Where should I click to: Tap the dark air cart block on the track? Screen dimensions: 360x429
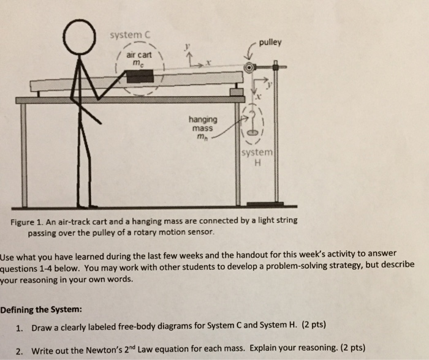[x=140, y=76]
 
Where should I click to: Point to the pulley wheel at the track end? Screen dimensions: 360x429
[x=249, y=68]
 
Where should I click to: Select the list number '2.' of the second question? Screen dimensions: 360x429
[x=20, y=349]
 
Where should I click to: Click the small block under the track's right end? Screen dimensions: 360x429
[x=235, y=92]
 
